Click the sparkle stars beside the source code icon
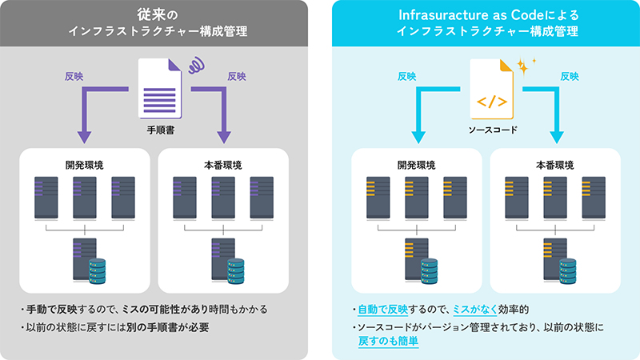525,65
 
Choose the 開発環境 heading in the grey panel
84,165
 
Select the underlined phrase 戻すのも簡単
389,340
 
